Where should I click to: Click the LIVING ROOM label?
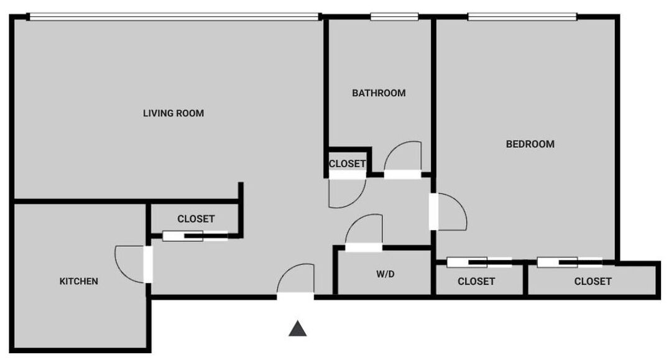tap(173, 113)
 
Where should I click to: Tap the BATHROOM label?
tap(379, 93)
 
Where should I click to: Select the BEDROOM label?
tap(530, 144)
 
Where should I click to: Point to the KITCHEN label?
tap(79, 281)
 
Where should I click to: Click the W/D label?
tap(385, 274)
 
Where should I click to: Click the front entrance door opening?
tap(295, 296)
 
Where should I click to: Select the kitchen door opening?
tap(147, 264)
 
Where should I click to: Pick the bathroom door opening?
tap(403, 175)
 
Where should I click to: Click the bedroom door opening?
tap(433, 211)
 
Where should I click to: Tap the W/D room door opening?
tap(364, 247)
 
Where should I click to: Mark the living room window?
tap(175, 17)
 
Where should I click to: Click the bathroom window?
tap(394, 17)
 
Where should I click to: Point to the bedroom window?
tap(522, 17)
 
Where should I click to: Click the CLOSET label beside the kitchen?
tap(196, 219)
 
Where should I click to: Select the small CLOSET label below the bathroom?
tap(348, 164)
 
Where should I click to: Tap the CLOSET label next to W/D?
tap(476, 282)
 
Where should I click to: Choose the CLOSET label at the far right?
tap(593, 282)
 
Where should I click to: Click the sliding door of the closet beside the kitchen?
tap(195, 236)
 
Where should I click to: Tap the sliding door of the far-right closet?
tap(570, 262)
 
